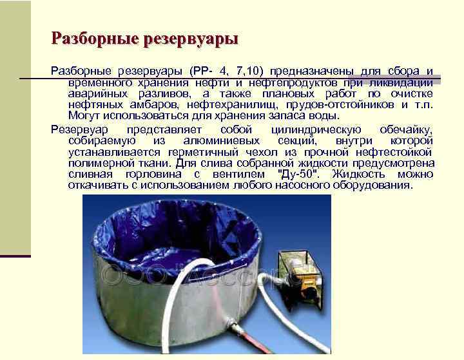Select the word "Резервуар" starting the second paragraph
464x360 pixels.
pyautogui.click(x=80, y=129)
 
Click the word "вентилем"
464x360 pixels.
pyautogui.click(x=238, y=175)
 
